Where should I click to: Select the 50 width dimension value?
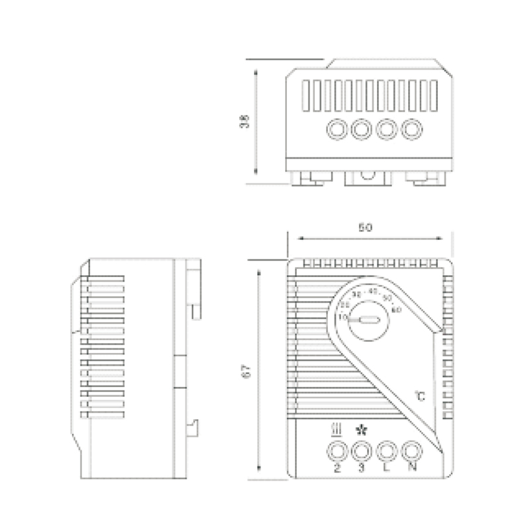click(x=364, y=227)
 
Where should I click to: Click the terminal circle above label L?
click(x=387, y=452)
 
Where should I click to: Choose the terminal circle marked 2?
click(x=338, y=452)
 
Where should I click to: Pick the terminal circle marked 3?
click(x=362, y=452)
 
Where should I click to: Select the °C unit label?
click(x=420, y=396)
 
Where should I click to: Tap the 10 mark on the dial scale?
click(x=343, y=318)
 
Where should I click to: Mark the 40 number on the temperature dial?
click(x=373, y=291)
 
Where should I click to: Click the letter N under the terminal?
click(x=413, y=469)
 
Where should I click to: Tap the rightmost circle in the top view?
click(x=412, y=128)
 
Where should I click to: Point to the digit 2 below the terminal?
click(x=338, y=469)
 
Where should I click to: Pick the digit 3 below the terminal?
click(x=362, y=469)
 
